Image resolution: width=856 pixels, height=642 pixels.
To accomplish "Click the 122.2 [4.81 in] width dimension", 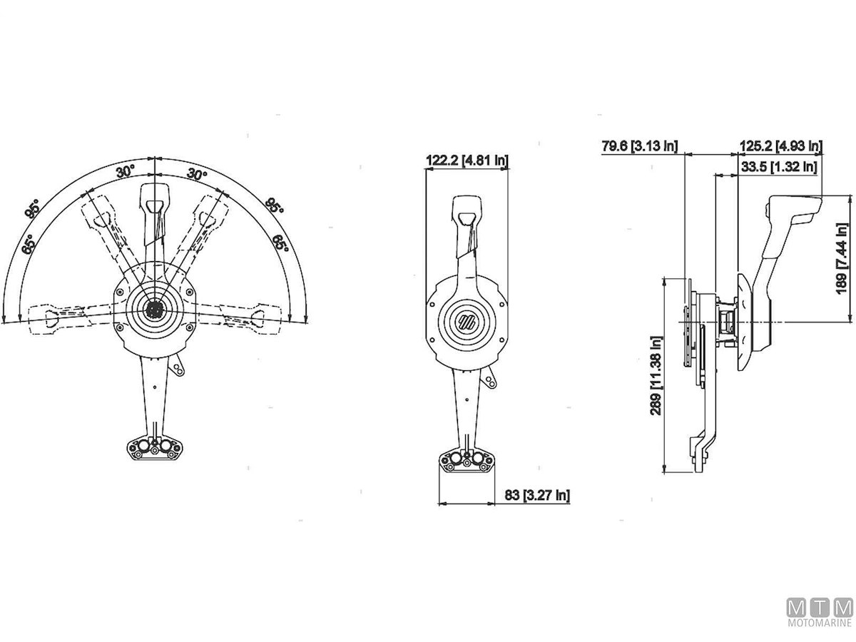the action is click(x=467, y=160).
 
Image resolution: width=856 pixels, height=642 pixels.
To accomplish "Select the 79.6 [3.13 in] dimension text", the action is click(x=640, y=146).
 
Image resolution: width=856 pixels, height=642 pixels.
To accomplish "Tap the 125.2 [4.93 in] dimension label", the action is click(x=781, y=146).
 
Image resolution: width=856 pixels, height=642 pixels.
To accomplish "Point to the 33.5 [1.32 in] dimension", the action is click(x=779, y=167).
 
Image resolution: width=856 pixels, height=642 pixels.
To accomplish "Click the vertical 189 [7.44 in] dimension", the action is click(x=842, y=259).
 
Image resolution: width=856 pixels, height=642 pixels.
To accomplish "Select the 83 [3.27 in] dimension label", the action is click(x=537, y=495).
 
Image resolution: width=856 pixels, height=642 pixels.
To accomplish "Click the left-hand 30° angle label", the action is click(x=125, y=171).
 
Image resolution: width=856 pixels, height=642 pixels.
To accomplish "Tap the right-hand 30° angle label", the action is click(x=197, y=174).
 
